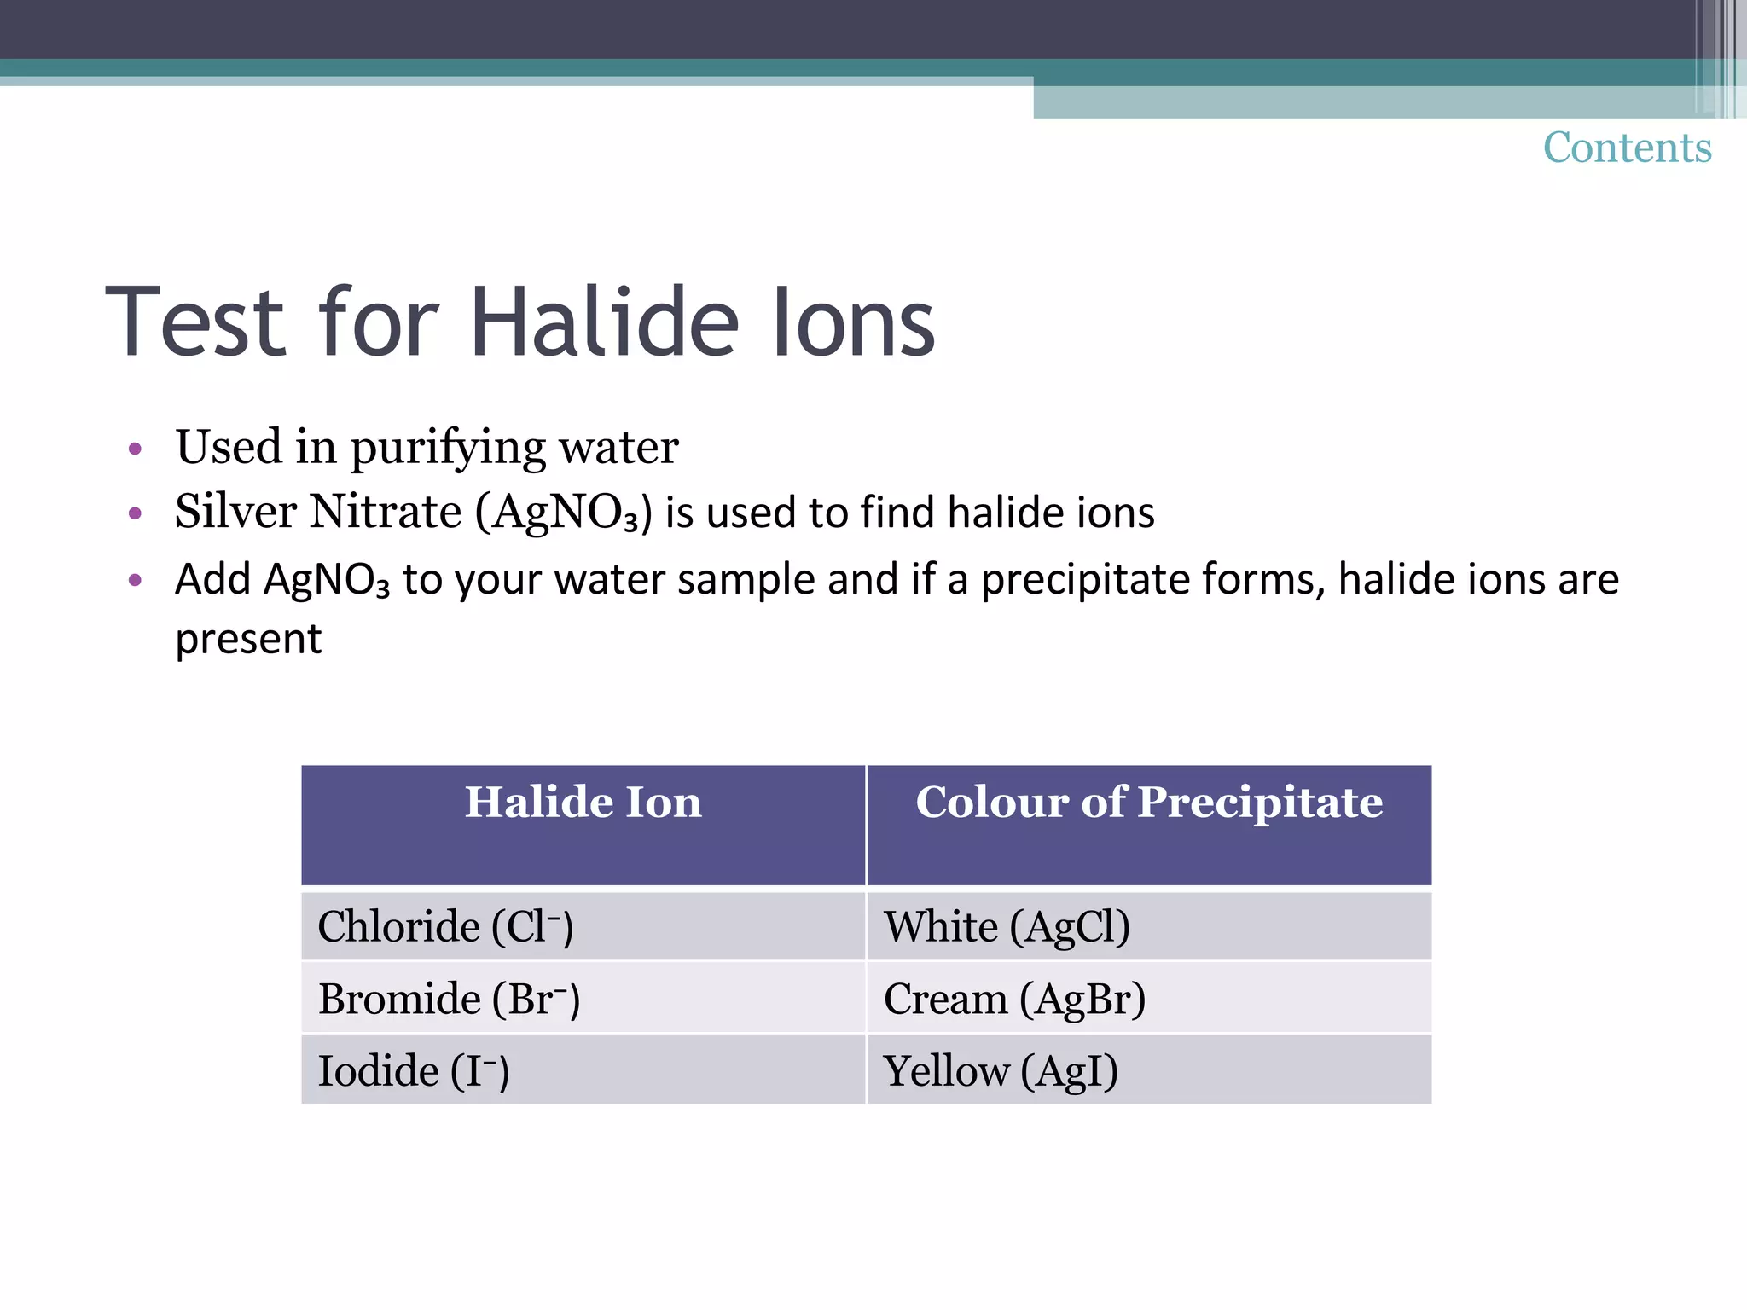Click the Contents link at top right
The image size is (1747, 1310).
coord(1627,148)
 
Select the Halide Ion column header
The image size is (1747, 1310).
coord(583,803)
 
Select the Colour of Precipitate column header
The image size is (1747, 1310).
coord(1148,803)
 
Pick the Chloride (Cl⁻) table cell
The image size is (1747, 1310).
coord(445,926)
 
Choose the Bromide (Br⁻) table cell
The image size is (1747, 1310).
coord(449,999)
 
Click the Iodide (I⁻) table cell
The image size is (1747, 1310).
coord(414,1071)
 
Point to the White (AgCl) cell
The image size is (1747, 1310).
coord(1007,926)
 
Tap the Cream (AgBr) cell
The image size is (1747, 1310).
coord(1014,999)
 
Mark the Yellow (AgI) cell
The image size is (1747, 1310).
coord(1001,1071)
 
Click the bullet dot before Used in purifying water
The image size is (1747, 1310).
coord(135,449)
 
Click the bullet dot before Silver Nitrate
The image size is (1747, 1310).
coord(135,513)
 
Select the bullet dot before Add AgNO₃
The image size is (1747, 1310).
coord(135,581)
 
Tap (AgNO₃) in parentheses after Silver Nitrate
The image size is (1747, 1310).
coord(564,513)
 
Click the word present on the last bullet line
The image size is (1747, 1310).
coord(248,639)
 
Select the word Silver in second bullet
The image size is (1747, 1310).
coord(235,512)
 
